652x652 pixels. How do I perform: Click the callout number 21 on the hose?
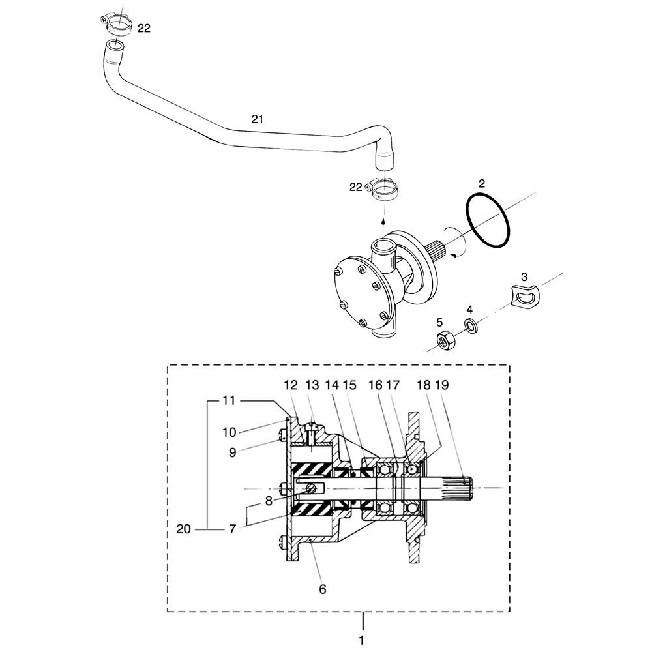[x=258, y=119]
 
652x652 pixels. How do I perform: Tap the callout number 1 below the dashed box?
[x=361, y=640]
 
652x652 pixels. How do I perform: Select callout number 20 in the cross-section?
[x=183, y=529]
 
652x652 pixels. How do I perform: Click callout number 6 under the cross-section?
[x=322, y=589]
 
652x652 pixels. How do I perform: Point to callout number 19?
[x=442, y=385]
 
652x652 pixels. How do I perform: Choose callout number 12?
[x=291, y=385]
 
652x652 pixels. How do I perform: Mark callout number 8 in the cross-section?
[x=269, y=501]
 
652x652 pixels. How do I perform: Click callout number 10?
[x=229, y=432]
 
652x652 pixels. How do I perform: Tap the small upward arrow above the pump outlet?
[x=383, y=220]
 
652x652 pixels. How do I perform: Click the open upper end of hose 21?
[x=114, y=44]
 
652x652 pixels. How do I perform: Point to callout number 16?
[x=375, y=385]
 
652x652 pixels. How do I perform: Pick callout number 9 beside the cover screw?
[x=233, y=452]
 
